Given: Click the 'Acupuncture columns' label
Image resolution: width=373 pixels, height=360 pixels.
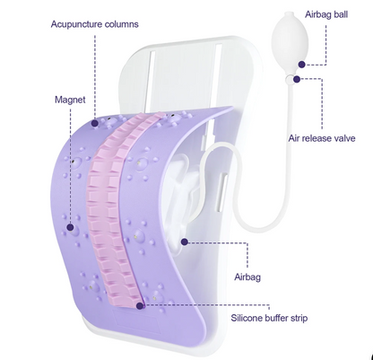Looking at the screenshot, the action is point(94,24).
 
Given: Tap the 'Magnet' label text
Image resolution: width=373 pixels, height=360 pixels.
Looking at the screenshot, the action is point(70,100).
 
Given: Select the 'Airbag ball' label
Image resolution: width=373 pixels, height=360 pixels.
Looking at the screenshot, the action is point(326,14).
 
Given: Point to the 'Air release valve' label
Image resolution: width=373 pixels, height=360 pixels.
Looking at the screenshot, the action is point(322,138).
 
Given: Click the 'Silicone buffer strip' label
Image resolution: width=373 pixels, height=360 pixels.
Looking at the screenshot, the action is point(269,318).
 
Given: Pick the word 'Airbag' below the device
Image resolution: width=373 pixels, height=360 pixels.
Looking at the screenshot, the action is point(247,277).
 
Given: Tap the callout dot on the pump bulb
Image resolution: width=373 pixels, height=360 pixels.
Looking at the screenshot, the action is point(302,65).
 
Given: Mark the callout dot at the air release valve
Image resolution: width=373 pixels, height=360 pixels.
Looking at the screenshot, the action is point(297,79).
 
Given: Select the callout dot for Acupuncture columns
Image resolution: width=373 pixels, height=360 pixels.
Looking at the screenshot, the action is point(95,123).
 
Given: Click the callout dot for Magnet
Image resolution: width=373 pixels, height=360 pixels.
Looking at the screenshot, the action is point(70,227).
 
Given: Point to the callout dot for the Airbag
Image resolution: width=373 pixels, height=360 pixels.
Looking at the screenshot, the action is point(185,241).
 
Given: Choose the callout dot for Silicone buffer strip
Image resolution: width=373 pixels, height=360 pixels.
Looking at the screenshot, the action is point(140,306).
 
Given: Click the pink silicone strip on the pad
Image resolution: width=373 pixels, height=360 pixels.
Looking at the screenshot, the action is point(114,209).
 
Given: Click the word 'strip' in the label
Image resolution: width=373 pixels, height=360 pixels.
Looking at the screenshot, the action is point(298,318).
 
